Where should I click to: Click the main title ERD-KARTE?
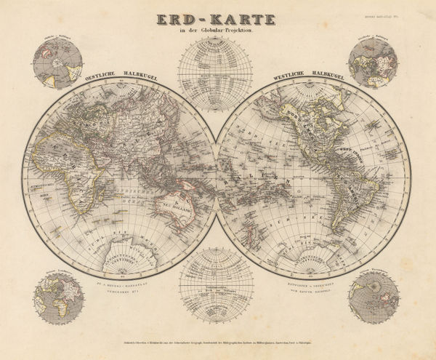(216, 16)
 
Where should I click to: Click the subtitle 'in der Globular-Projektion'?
(216, 31)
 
